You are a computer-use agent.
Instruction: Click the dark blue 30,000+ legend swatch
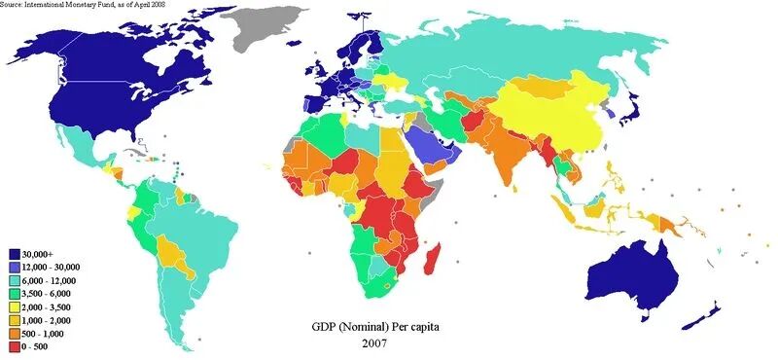(x=15, y=252)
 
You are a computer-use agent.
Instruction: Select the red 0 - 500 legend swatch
(x=15, y=344)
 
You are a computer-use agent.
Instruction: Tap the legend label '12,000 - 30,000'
(x=55, y=266)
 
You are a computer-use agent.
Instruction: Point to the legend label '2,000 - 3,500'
(x=53, y=306)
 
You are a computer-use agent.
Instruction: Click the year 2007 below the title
(x=374, y=343)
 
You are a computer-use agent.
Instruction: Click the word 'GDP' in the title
(x=327, y=325)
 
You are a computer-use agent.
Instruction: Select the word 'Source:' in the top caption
(x=14, y=5)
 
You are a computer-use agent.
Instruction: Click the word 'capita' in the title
(x=421, y=325)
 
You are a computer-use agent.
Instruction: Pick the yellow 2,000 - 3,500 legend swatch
(x=15, y=306)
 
